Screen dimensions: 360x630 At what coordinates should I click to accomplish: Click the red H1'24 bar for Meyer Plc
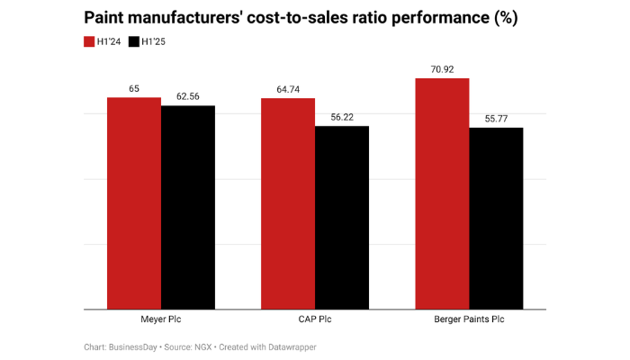coord(134,203)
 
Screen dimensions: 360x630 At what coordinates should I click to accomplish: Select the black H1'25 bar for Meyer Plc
coord(188,208)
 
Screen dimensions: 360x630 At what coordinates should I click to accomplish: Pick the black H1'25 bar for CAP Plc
coord(342,218)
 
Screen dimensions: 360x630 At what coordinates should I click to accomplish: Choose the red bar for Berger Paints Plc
coord(442,194)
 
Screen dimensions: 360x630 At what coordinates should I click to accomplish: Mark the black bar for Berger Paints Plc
coord(496,219)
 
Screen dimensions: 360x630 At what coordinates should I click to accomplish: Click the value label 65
coord(134,89)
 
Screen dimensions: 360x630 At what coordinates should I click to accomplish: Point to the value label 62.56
coord(188,97)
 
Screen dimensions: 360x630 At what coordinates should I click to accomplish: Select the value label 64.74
coord(288,90)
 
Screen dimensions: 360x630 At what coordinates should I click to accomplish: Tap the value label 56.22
coord(342,117)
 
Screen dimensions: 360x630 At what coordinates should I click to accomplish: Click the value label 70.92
coord(442,69)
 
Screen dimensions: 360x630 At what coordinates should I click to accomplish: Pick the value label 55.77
coord(496,119)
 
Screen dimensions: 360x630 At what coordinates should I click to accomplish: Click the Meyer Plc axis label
coord(161,320)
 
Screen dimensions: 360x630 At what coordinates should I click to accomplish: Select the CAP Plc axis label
coord(315,320)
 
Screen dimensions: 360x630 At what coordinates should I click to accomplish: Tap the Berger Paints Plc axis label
coord(469,320)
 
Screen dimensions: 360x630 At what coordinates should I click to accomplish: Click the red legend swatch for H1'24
coord(90,41)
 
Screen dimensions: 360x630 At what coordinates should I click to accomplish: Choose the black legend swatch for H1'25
coord(135,41)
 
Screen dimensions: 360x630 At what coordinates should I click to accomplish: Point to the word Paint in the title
coord(108,18)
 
